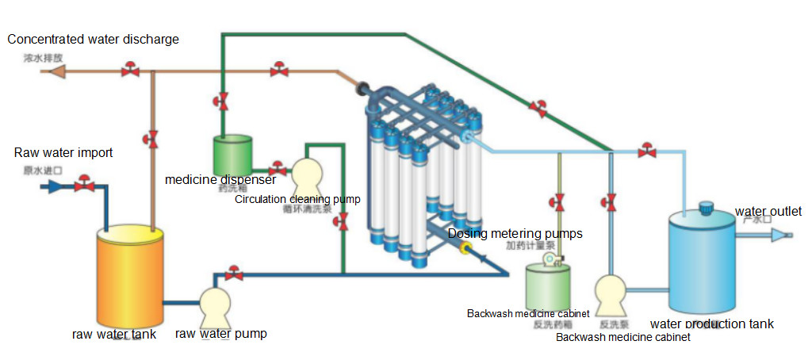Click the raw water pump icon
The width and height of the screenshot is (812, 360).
(x=213, y=305)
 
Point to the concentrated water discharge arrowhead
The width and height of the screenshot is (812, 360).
(x=56, y=71)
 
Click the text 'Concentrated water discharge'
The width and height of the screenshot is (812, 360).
(x=93, y=39)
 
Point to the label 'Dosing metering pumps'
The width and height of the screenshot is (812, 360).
(x=515, y=233)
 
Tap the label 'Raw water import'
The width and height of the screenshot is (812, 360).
(x=63, y=152)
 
